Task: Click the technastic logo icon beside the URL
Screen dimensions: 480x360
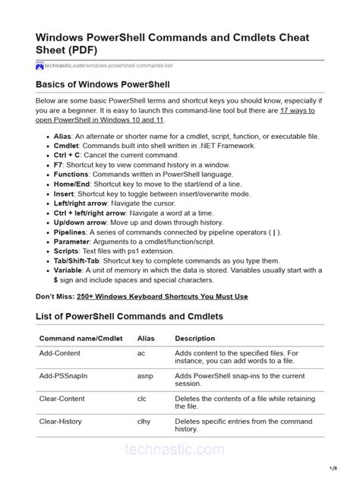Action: [x=40, y=66]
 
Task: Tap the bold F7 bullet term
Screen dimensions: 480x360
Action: [x=58, y=165]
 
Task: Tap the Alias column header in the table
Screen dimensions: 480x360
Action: [x=145, y=338]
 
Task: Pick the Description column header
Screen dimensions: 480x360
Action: [x=194, y=338]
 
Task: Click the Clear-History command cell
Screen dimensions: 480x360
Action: [x=60, y=420]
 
